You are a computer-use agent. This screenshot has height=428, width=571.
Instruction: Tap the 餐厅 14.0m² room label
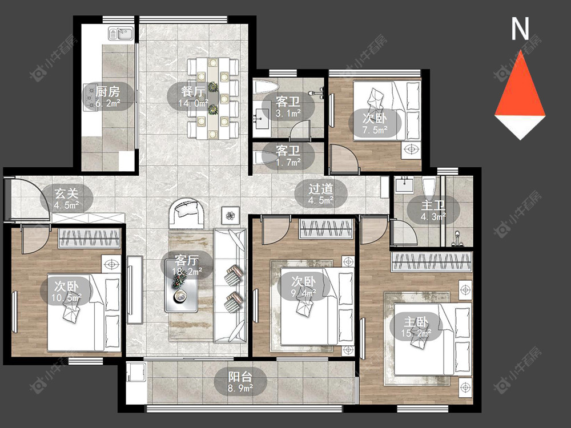193,96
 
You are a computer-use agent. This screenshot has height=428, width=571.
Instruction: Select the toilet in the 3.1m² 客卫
266,87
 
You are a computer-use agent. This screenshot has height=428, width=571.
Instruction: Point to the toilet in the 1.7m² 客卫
266,158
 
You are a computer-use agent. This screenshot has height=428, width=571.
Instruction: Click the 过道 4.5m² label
321,195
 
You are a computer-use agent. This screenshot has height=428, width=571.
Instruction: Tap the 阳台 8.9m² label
240,382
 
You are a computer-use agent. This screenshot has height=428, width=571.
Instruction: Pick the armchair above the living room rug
186,213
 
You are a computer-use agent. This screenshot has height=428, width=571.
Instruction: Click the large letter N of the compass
520,29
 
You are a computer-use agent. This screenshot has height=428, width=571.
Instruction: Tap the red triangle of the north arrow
521,89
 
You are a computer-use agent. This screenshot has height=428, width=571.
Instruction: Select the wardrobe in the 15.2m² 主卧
431,262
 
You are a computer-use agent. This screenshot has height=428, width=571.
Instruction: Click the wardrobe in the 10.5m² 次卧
89,239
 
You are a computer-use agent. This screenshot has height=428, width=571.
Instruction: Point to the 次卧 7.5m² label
375,124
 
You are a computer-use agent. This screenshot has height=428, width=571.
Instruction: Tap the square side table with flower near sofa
231,216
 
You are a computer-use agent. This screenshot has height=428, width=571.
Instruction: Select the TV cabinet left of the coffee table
135,290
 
